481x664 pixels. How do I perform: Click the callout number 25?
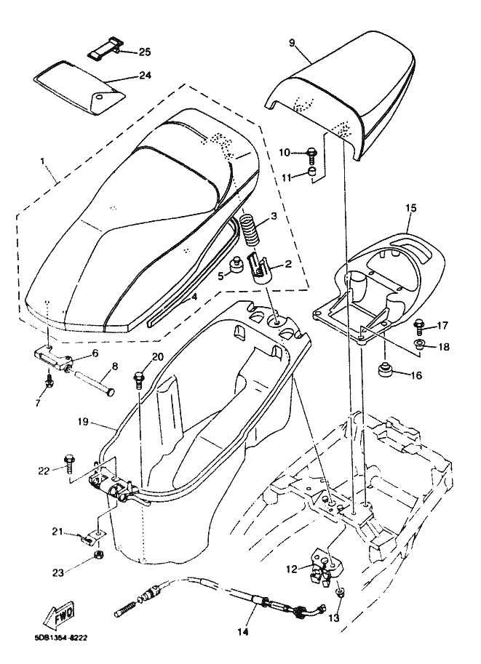144,52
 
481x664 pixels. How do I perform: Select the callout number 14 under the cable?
242,631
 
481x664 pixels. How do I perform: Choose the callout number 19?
83,421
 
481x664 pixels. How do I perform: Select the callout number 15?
410,209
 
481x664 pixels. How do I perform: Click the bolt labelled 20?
138,379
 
